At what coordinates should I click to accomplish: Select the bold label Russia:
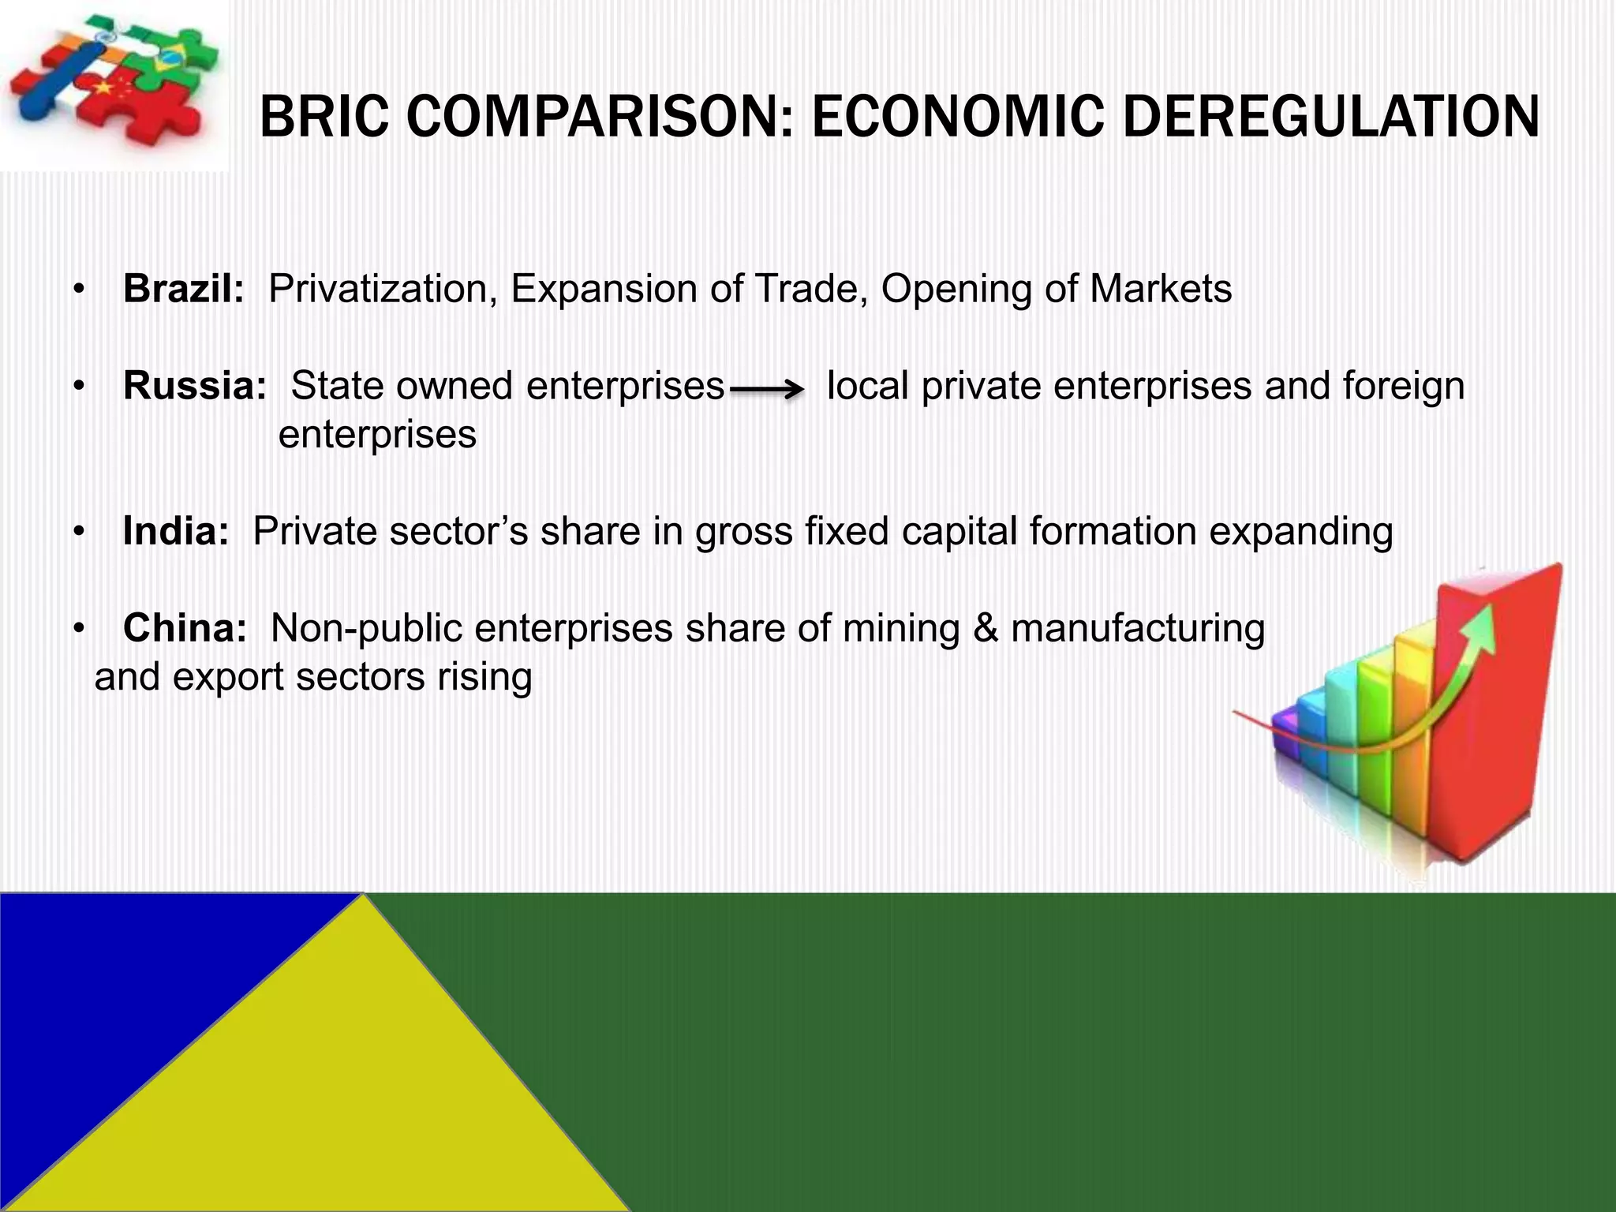194,386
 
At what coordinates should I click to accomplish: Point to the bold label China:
185,628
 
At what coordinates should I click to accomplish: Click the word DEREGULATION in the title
1330,117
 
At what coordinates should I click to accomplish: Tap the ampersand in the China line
985,628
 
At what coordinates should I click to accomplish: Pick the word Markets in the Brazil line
1160,289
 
